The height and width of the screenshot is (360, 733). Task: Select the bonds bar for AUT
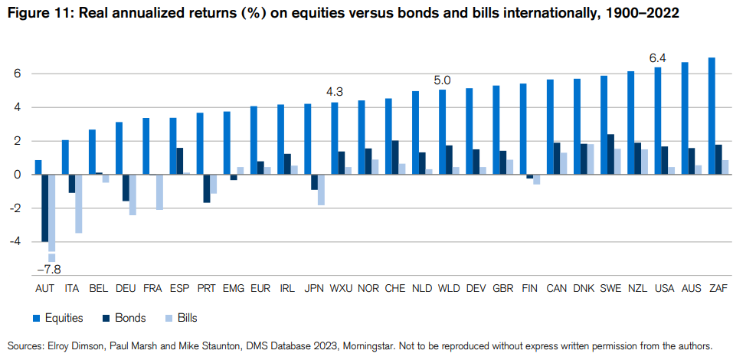[45, 208]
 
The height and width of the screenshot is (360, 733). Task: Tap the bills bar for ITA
[79, 204]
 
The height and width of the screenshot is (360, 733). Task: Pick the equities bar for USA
[658, 121]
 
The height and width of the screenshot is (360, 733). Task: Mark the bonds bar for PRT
[207, 188]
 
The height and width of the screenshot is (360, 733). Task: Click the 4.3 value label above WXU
[335, 92]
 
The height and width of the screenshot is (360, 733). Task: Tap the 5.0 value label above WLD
[442, 80]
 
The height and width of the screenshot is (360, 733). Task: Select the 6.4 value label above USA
[657, 57]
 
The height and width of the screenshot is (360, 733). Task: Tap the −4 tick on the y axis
[16, 241]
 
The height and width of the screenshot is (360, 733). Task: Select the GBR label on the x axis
[502, 288]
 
